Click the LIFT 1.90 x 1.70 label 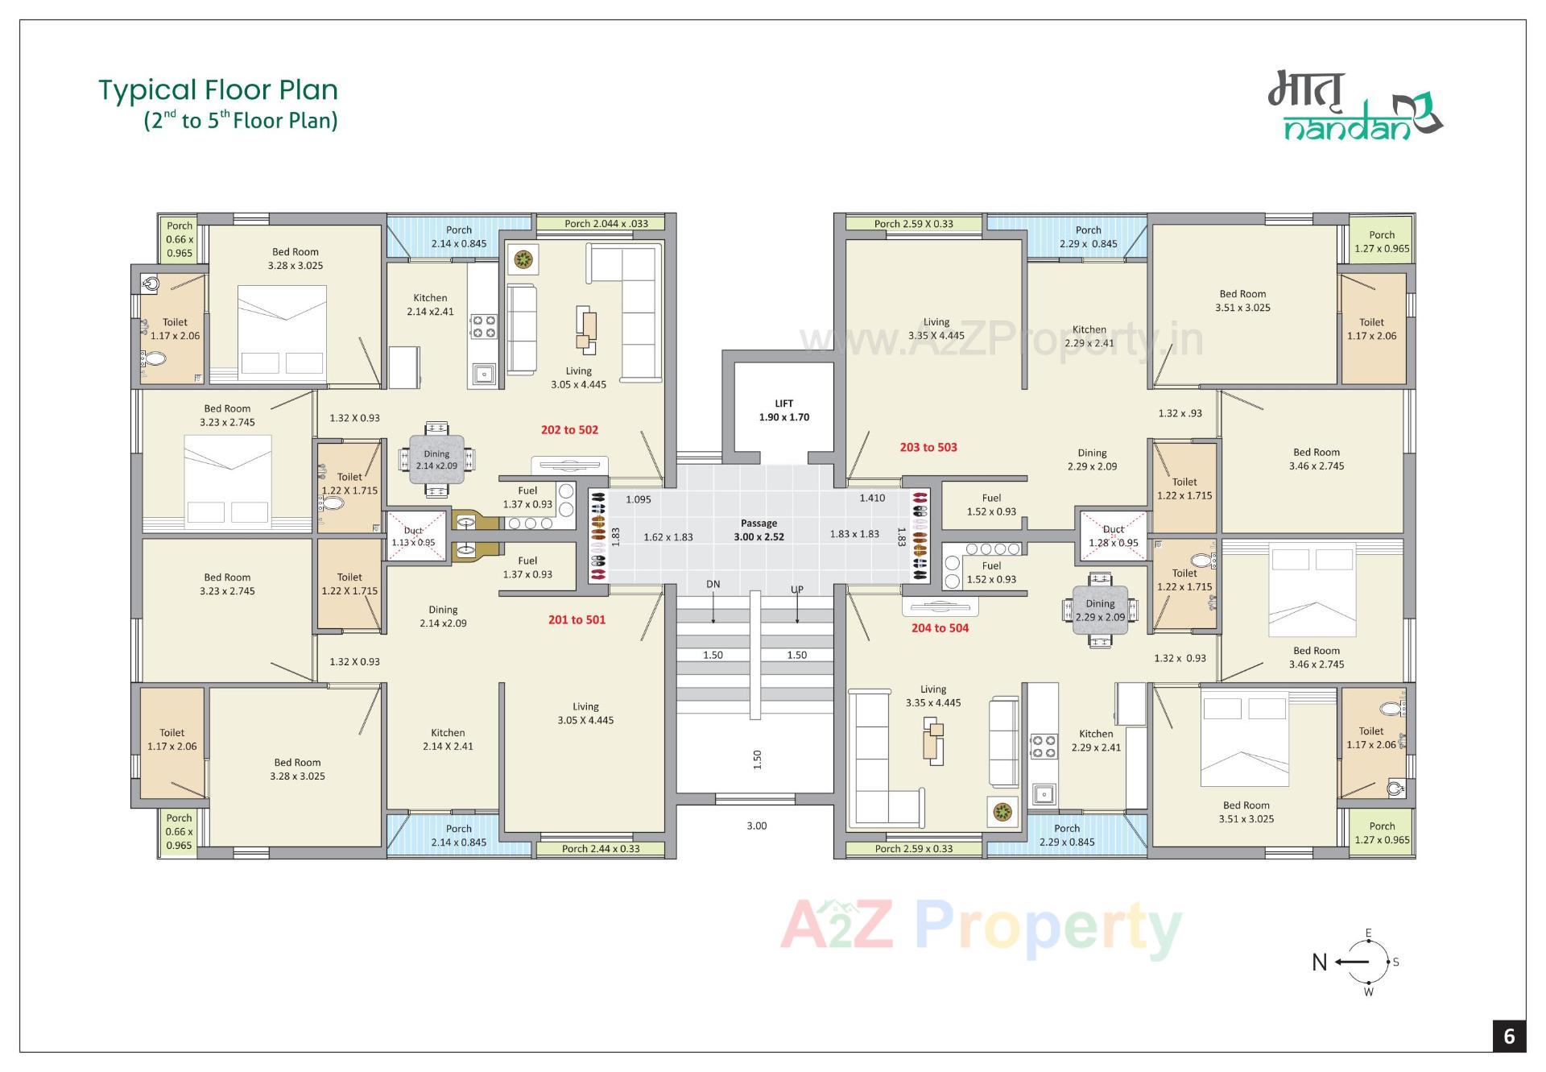point(783,410)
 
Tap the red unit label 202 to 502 point(569,430)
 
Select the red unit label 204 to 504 point(940,628)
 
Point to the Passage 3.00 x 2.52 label point(759,530)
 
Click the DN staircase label point(713,585)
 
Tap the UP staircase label point(797,590)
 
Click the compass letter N point(1319,962)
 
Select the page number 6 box point(1509,1037)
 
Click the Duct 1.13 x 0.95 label point(413,536)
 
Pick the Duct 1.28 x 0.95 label point(1114,536)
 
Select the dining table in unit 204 point(1100,611)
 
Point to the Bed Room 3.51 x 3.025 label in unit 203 point(1242,300)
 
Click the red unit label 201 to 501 point(577,620)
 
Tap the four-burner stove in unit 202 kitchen point(483,326)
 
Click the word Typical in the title point(147,90)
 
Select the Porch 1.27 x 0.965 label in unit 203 point(1382,242)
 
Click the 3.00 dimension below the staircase point(756,826)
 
